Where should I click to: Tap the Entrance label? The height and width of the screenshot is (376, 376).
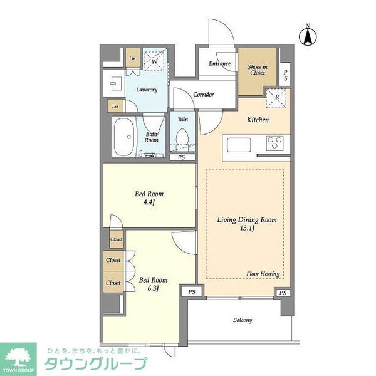pyautogui.click(x=219, y=63)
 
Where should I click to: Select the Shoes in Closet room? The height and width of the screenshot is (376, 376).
pyautogui.click(x=258, y=70)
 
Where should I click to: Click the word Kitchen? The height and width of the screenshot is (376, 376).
pyautogui.click(x=258, y=120)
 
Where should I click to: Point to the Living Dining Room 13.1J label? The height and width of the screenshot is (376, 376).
pyautogui.click(x=246, y=225)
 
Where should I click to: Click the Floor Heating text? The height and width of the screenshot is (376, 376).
pyautogui.click(x=263, y=274)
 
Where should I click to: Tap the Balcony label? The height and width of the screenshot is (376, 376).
pyautogui.click(x=243, y=321)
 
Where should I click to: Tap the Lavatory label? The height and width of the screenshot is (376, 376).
pyautogui.click(x=146, y=90)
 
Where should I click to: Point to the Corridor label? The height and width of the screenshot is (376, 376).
pyautogui.click(x=203, y=95)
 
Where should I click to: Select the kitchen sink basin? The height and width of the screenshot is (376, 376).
pyautogui.click(x=239, y=145)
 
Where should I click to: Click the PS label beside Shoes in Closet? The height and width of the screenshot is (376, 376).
pyautogui.click(x=285, y=76)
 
